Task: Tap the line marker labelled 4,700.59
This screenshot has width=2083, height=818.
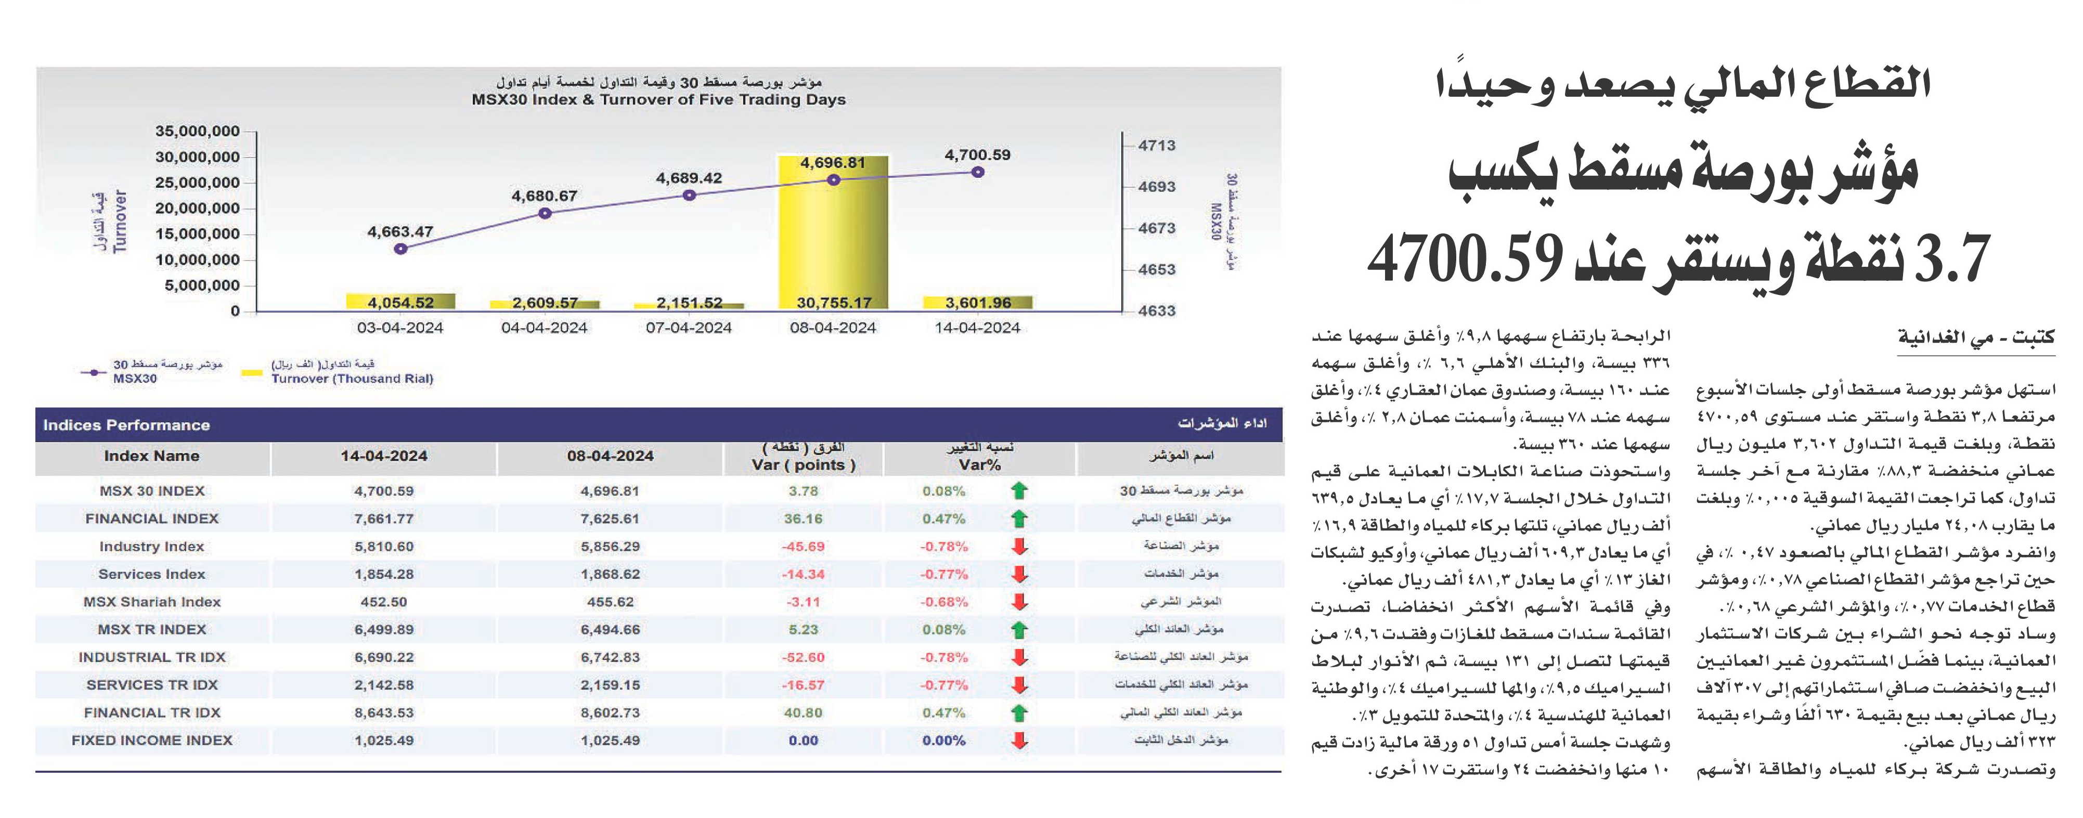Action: [x=978, y=172]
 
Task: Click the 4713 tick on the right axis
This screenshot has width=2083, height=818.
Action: [x=1156, y=146]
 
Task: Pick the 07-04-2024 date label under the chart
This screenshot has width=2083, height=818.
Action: [x=689, y=328]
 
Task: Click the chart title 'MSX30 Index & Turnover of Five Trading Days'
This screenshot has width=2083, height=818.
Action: [x=659, y=99]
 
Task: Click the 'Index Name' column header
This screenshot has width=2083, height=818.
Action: [x=152, y=456]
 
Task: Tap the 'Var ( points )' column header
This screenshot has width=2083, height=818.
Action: [x=803, y=465]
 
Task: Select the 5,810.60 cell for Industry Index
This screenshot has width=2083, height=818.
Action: [x=384, y=547]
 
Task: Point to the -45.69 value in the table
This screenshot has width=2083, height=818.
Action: [x=803, y=547]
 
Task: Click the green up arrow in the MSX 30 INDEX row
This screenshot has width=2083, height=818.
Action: [x=1020, y=490]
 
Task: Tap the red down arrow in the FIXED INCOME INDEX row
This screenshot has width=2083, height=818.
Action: [x=1020, y=739]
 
